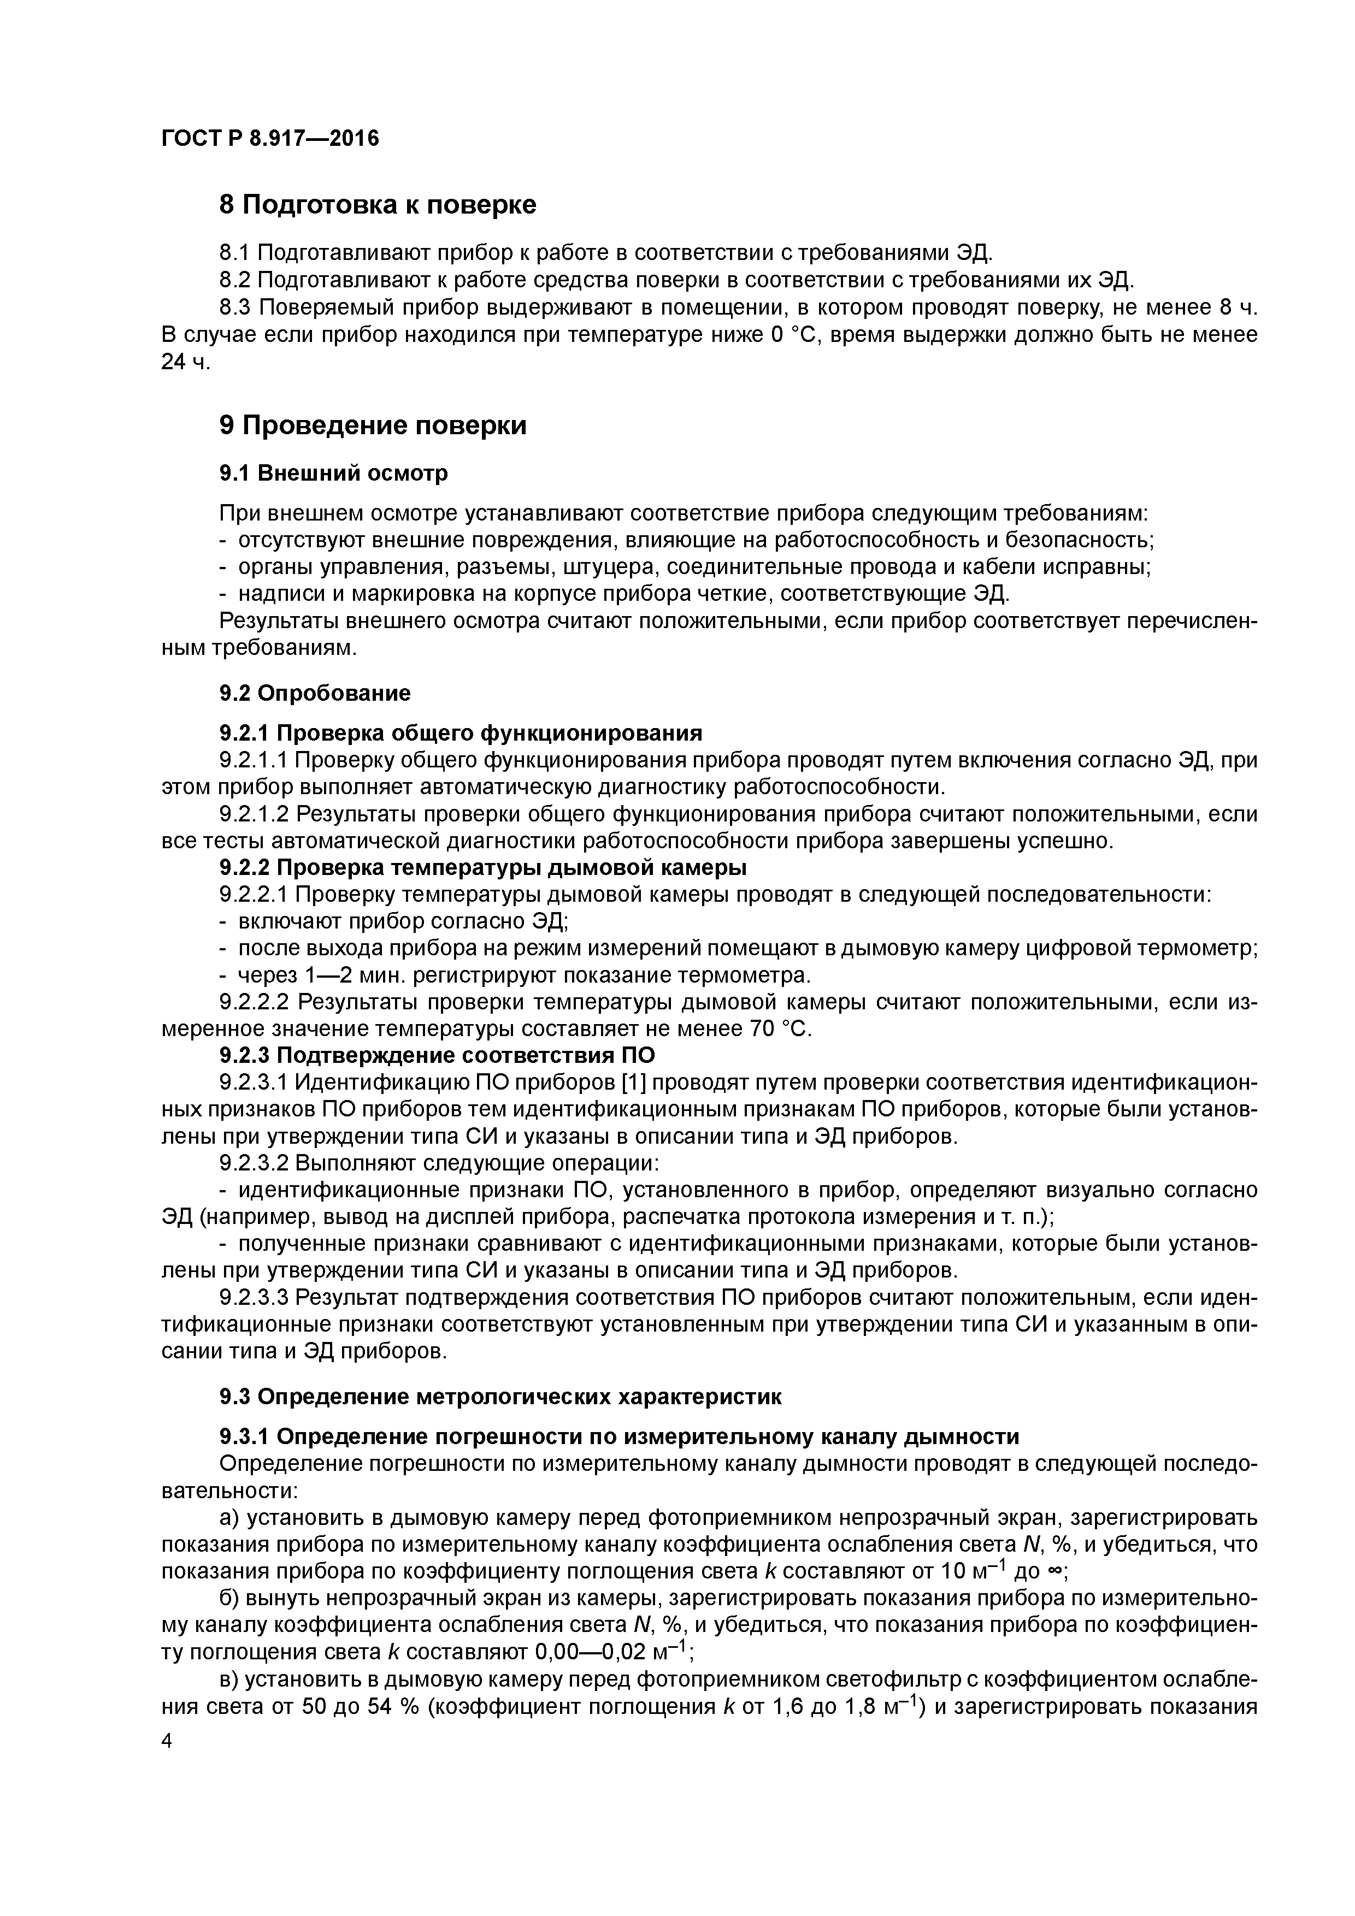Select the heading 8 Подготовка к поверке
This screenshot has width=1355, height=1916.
(x=378, y=204)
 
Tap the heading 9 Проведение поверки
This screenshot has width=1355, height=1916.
(x=373, y=425)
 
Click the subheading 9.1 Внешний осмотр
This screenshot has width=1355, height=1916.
(x=333, y=473)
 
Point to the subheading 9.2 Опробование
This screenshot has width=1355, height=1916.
(x=315, y=693)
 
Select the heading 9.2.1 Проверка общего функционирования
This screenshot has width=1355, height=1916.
(x=460, y=732)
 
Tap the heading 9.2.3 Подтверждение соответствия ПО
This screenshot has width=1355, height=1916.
(x=437, y=1056)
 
